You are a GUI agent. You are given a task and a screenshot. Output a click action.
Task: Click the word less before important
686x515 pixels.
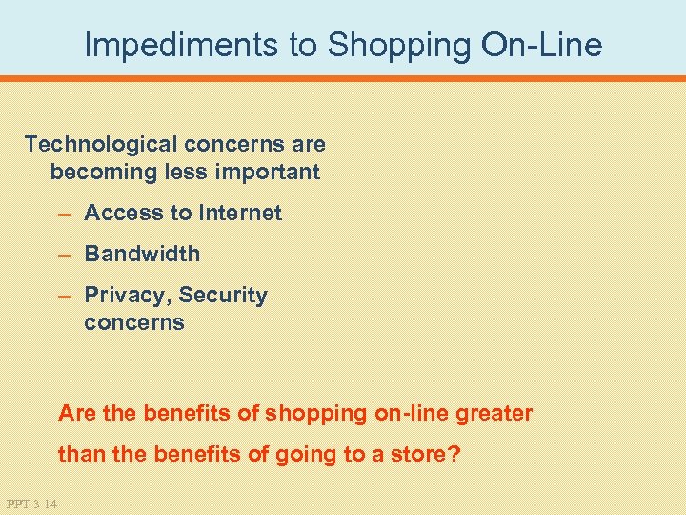[189, 172]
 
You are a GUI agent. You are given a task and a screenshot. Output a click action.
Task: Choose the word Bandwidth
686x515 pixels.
[142, 254]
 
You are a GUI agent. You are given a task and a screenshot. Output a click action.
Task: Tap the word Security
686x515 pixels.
[223, 296]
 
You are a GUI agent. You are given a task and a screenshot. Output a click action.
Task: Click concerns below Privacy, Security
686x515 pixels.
[133, 322]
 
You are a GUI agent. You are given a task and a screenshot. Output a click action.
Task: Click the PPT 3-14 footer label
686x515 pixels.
[30, 504]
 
